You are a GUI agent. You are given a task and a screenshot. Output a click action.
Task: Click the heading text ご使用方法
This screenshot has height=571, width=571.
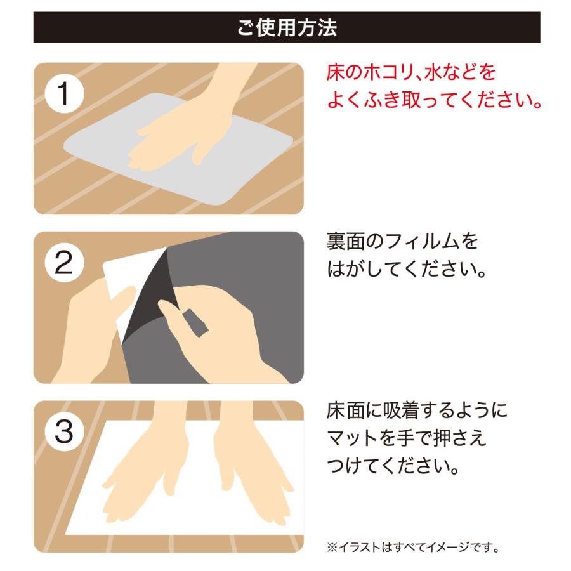coord(287,28)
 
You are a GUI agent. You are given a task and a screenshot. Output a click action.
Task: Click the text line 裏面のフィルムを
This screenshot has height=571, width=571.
coord(402,241)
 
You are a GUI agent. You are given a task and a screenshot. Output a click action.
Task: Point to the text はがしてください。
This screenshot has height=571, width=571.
coord(407,270)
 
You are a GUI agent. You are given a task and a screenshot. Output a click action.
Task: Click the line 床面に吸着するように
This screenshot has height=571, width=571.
coord(417,410)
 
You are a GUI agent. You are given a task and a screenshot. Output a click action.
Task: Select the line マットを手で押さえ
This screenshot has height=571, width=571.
coord(407,438)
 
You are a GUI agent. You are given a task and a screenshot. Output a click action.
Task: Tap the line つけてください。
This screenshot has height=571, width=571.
coord(393,466)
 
